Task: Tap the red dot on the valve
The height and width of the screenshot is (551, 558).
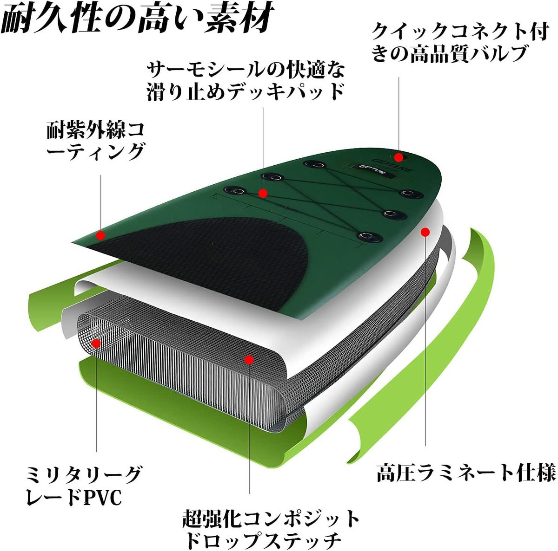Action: pyautogui.click(x=399, y=157)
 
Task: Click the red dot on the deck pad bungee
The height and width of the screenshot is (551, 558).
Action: pyautogui.click(x=263, y=193)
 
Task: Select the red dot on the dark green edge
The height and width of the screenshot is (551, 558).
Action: pyautogui.click(x=100, y=235)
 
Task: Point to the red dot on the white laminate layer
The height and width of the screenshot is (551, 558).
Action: pyautogui.click(x=425, y=232)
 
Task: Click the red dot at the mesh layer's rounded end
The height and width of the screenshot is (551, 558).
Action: pyautogui.click(x=96, y=343)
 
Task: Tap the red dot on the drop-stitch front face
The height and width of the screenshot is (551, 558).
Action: pyautogui.click(x=249, y=360)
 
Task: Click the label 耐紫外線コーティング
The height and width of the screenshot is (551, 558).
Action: pyautogui.click(x=96, y=142)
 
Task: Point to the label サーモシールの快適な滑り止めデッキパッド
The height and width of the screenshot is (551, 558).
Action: pyautogui.click(x=246, y=82)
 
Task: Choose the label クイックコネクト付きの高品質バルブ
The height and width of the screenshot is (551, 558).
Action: pyautogui.click(x=460, y=43)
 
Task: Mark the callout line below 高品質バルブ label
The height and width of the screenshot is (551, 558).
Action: pyautogui.click(x=399, y=115)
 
